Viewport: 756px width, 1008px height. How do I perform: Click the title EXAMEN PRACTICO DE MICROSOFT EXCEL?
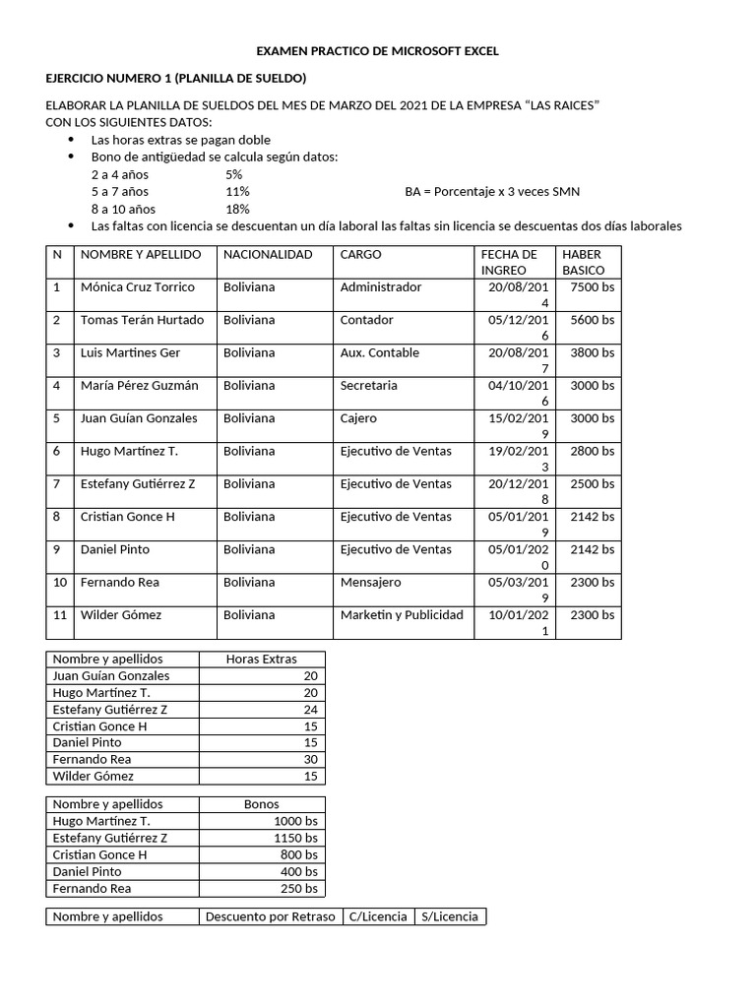coord(377,50)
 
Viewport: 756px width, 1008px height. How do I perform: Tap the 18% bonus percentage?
coord(237,209)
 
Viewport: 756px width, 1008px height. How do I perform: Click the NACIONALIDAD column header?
coord(268,254)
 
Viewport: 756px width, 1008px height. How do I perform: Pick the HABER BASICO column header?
coord(584,262)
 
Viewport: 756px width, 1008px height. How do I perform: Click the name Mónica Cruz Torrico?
coord(138,287)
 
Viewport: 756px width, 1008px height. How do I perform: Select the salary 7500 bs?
coord(591,287)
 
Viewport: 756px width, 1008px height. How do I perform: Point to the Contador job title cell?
coord(366,320)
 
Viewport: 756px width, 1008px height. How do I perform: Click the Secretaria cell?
coord(368,386)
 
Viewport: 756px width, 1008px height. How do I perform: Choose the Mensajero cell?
coord(370,583)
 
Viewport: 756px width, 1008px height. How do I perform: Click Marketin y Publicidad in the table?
coord(401,615)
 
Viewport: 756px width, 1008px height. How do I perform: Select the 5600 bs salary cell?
coord(591,320)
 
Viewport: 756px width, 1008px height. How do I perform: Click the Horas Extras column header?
coord(261,659)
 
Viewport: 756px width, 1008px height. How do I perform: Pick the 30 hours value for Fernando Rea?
coord(310,759)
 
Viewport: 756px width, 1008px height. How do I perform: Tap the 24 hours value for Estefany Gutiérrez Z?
coord(310,709)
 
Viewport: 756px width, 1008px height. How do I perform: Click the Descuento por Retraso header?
coord(270,916)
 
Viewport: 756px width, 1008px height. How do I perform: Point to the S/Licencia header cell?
coord(450,916)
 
